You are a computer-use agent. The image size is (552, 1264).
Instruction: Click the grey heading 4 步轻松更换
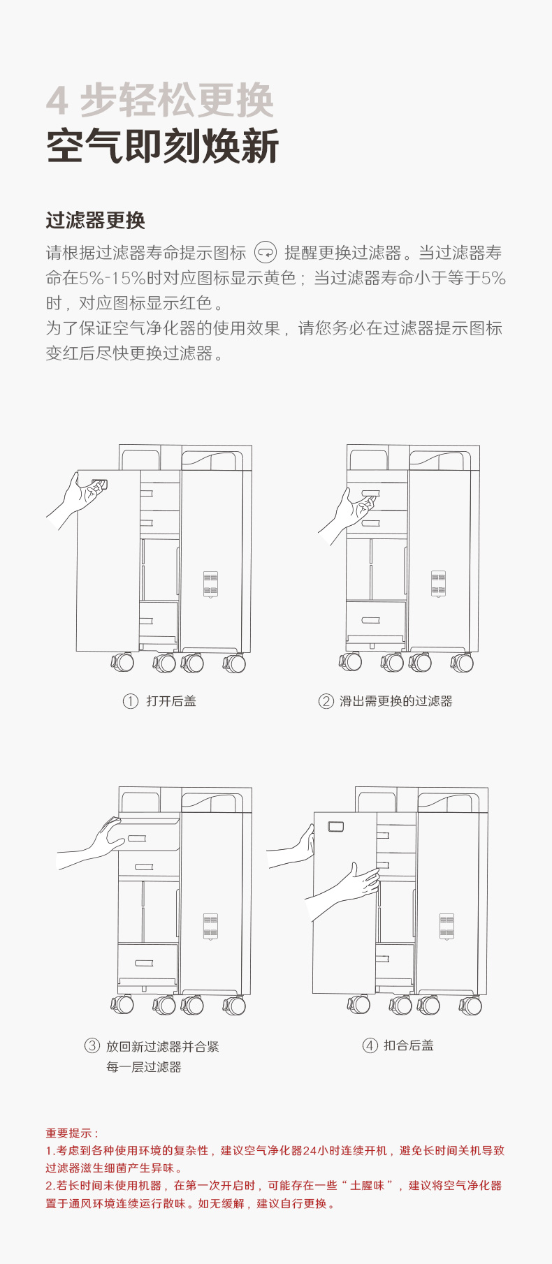(x=160, y=101)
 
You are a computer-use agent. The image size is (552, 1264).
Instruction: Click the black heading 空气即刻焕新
(x=162, y=147)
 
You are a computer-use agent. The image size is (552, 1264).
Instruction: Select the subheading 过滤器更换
(x=95, y=221)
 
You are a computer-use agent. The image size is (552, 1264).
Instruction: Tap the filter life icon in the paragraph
(x=266, y=252)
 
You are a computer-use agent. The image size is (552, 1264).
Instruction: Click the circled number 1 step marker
(x=131, y=701)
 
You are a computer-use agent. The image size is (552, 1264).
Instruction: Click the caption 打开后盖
(x=171, y=701)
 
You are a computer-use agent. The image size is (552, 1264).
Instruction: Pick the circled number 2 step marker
(x=326, y=701)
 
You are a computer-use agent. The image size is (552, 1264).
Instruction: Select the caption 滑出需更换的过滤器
(x=396, y=701)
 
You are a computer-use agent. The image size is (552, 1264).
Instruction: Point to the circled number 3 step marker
(x=92, y=1045)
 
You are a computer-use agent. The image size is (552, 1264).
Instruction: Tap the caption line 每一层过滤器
(x=144, y=1067)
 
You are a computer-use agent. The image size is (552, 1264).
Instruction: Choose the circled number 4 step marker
(x=370, y=1045)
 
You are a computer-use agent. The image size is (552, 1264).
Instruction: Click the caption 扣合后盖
(x=409, y=1045)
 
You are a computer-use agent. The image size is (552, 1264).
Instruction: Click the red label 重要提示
(x=72, y=1133)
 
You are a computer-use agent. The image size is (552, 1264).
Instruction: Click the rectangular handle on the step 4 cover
(x=335, y=827)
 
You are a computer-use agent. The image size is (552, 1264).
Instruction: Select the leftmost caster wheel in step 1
(x=122, y=662)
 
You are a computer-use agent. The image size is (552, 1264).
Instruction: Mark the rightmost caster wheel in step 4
(x=470, y=1005)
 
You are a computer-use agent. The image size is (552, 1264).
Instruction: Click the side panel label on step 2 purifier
(x=438, y=583)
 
